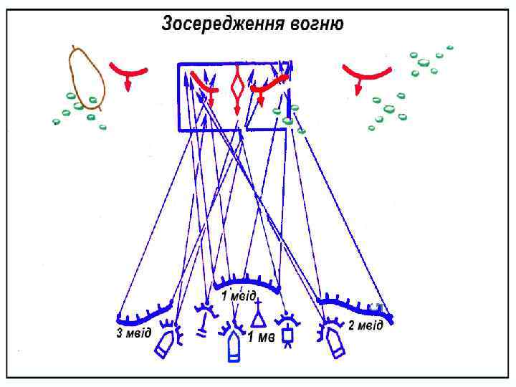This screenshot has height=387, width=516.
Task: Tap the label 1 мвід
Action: click(x=239, y=295)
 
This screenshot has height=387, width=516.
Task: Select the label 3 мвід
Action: click(x=134, y=335)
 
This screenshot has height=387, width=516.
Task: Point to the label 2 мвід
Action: click(x=365, y=326)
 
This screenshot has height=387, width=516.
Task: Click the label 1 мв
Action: click(x=261, y=337)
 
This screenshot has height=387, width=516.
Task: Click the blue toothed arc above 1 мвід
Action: click(x=247, y=279)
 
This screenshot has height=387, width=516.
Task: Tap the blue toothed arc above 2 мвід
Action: click(x=355, y=307)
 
